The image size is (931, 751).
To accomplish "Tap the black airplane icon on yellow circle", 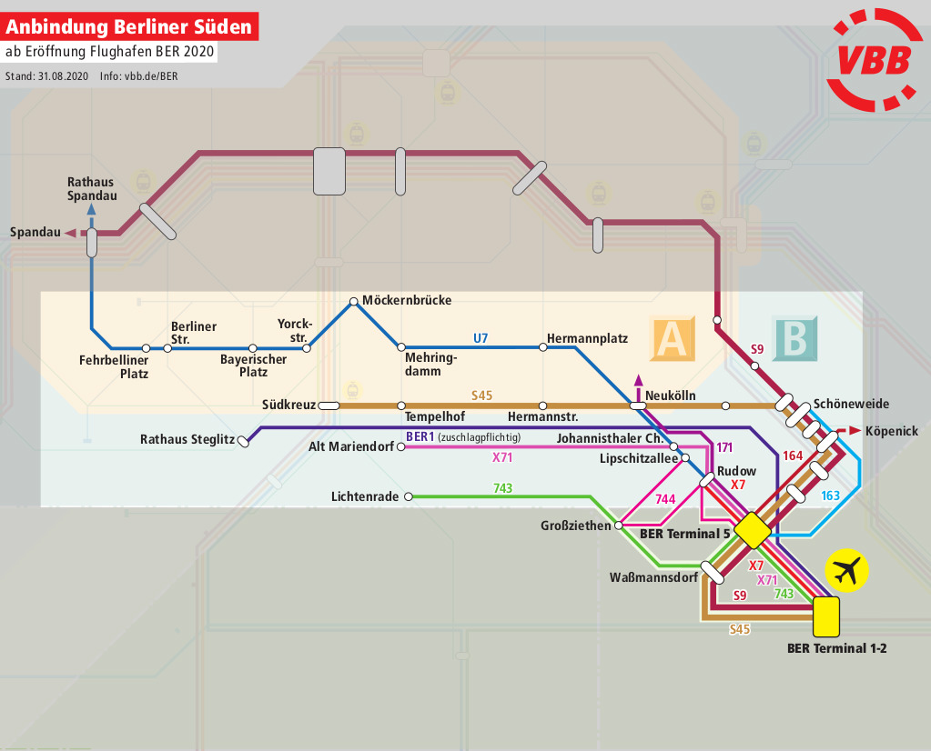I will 846,571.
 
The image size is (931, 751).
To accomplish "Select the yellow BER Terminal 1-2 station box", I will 826,616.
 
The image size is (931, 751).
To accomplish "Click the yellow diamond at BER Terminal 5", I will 753,530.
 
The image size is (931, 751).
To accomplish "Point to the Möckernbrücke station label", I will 406,300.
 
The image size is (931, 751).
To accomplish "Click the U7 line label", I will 481,338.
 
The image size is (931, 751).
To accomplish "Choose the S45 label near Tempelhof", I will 481,396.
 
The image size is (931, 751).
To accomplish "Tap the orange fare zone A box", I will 673,338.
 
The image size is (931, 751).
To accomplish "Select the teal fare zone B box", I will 794,338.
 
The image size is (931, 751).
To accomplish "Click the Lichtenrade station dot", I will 409,496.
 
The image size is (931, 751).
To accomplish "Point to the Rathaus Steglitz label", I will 187,440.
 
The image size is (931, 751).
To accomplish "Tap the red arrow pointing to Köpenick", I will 854,430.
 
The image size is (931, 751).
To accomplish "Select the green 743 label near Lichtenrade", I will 502,488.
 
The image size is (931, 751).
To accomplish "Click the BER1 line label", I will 420,436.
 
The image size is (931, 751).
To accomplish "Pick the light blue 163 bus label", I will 830,496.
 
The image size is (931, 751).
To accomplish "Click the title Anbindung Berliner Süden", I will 129,26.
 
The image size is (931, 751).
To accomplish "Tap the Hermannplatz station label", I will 587,338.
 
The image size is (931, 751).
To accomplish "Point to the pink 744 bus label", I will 665,499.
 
